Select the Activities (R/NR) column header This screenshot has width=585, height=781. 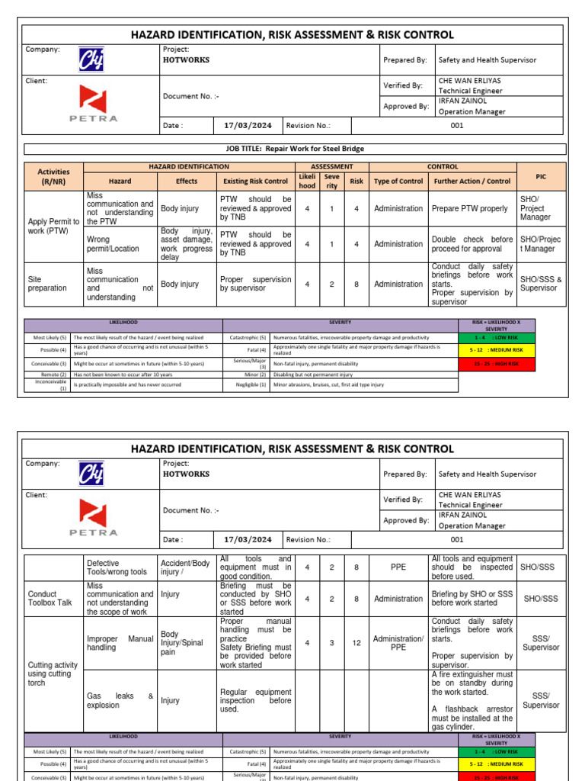tap(53, 176)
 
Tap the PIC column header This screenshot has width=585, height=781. tap(541, 176)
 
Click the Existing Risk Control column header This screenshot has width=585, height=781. tap(255, 182)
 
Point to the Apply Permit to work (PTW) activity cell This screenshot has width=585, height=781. tap(53, 226)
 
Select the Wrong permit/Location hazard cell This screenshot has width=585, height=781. tap(120, 244)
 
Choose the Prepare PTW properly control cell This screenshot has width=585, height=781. tap(469, 208)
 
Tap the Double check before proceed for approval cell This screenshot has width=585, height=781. tap(472, 244)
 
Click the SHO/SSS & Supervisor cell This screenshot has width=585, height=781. tap(541, 284)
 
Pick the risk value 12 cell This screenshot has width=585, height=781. tap(356, 643)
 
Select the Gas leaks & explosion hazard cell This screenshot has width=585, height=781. tap(120, 701)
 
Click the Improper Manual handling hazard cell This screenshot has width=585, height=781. tap(120, 643)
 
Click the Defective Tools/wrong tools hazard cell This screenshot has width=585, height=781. tap(120, 567)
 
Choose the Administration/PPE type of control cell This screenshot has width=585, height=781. tap(398, 643)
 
